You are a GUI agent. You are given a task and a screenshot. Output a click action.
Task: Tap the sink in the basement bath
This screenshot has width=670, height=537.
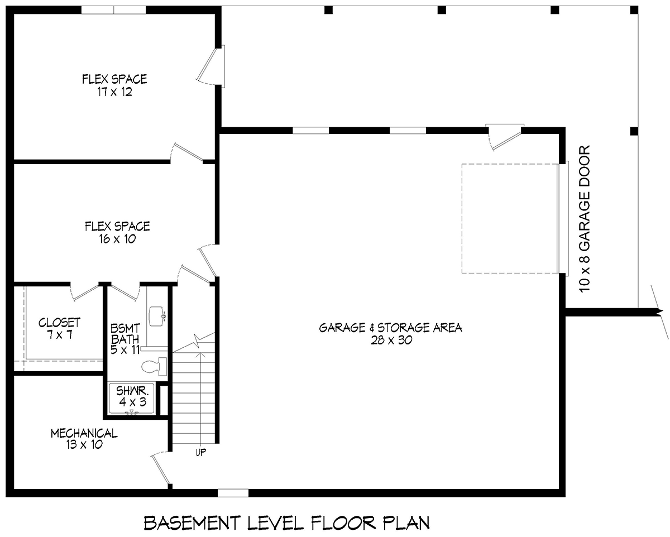coord(157,314)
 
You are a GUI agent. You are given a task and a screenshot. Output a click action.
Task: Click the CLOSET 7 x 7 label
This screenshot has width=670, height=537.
coord(59,329)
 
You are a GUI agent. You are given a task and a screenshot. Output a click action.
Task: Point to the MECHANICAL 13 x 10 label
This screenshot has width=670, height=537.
coord(84,439)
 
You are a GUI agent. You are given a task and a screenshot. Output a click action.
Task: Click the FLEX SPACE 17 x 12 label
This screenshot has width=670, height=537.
coord(114,85)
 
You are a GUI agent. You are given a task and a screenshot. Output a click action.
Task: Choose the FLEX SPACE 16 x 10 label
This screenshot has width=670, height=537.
coord(117,232)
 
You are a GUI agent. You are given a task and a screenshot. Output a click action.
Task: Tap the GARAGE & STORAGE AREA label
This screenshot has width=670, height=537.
coord(390,333)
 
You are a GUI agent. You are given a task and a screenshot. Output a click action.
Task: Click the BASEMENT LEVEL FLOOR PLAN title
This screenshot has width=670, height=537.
coord(287,523)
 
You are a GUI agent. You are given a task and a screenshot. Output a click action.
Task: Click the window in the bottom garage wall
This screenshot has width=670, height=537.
coord(233,493)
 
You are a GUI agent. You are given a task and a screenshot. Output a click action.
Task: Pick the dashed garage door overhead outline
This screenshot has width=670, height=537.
coord(509,218)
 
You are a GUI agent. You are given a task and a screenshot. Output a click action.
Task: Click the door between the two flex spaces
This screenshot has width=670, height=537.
coord(187,152)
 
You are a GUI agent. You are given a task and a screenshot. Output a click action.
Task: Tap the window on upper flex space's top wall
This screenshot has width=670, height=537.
coord(114,10)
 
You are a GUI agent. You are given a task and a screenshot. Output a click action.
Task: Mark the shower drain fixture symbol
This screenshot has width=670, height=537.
coord(132,413)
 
